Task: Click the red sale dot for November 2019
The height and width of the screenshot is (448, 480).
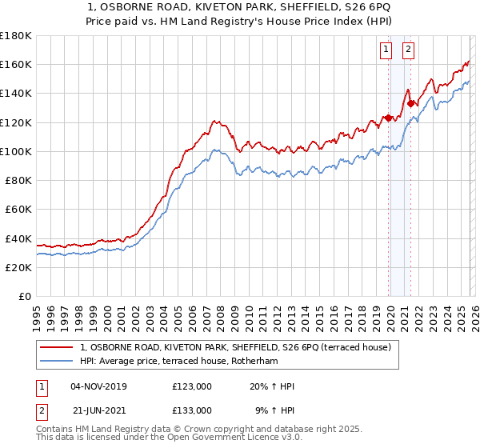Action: point(388,118)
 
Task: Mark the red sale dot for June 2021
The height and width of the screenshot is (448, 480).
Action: point(411,103)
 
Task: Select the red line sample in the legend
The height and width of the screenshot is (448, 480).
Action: point(58,347)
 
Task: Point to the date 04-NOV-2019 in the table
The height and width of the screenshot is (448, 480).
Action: point(98,386)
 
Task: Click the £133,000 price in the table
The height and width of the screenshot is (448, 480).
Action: point(191,410)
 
